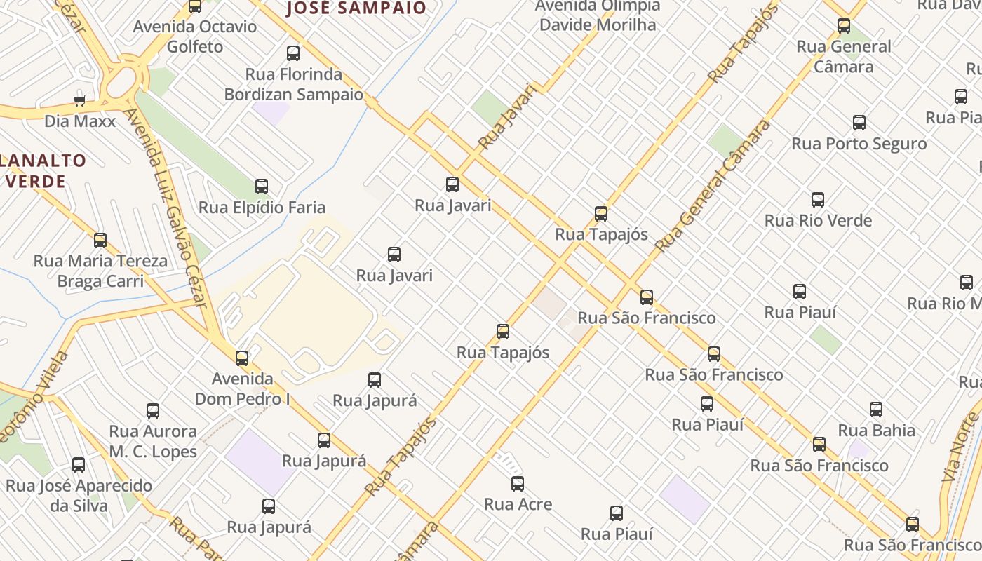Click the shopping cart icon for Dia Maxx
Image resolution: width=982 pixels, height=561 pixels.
click(x=80, y=100)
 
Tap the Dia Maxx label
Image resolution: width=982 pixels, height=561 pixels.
click(x=80, y=121)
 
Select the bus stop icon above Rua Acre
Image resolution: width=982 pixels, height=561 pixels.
click(x=518, y=483)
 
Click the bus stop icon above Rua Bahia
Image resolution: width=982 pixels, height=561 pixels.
click(x=876, y=410)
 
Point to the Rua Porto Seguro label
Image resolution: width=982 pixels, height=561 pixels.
click(x=859, y=144)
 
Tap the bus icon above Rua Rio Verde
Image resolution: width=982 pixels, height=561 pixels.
click(x=818, y=200)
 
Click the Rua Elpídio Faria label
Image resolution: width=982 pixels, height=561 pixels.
click(x=262, y=207)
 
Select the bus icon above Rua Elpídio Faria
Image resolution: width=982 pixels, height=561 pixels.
click(x=262, y=187)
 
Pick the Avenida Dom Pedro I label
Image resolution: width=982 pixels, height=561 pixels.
click(x=242, y=388)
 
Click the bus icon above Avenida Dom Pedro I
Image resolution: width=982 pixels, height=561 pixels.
click(x=242, y=358)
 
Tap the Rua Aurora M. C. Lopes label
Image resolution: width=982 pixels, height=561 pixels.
click(x=153, y=441)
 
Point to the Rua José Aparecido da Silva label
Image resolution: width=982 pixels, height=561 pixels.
click(x=79, y=495)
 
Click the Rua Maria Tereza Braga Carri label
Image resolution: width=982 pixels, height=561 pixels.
click(x=100, y=271)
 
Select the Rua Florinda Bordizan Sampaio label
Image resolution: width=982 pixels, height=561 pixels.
click(x=293, y=84)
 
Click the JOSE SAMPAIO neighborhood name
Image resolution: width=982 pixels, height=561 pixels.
click(x=357, y=8)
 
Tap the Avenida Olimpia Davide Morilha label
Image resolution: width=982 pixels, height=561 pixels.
click(x=598, y=15)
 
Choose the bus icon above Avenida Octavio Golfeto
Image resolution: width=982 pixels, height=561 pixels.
click(x=195, y=6)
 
